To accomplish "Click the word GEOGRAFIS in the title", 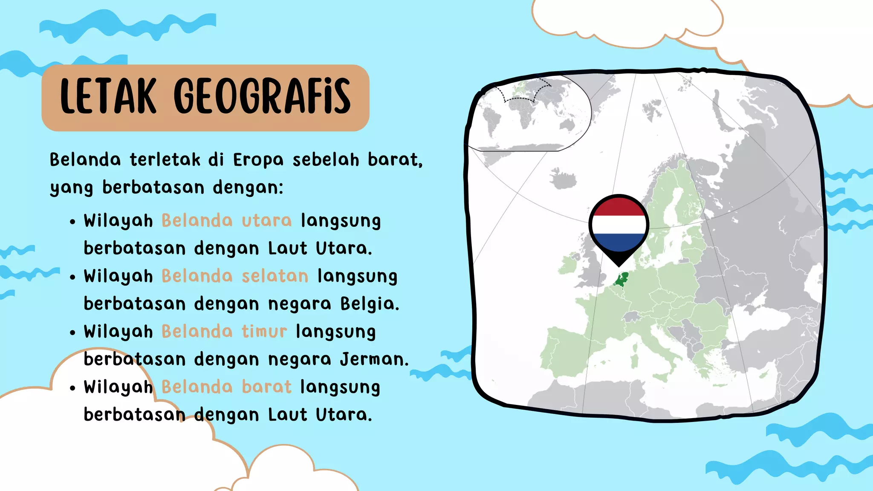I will (262, 97).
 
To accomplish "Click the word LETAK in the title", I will (108, 97).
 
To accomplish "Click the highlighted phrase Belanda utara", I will (226, 221).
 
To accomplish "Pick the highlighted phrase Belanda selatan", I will (235, 276).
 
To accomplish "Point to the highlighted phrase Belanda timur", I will (224, 332).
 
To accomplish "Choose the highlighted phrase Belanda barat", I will (226, 387).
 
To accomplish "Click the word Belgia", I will (369, 304).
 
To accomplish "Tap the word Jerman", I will (374, 359).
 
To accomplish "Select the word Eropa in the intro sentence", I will (258, 160).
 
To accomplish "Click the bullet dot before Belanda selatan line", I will (73, 277).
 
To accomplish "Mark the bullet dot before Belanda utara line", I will (73, 222).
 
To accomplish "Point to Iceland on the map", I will (564, 178).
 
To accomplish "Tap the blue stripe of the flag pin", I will (619, 242).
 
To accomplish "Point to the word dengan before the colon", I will (247, 188).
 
